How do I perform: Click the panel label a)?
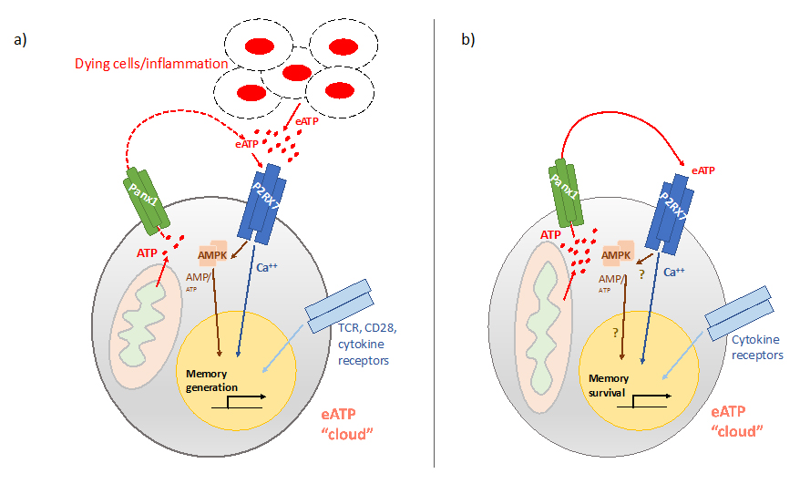(19, 40)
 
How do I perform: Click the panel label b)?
(468, 40)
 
